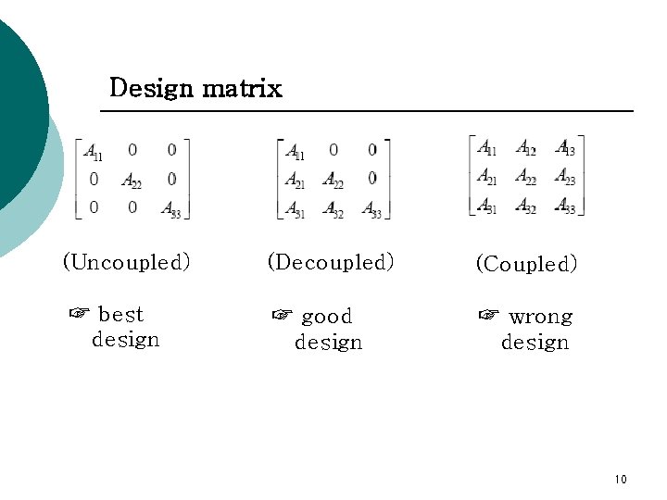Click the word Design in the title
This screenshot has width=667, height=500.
(151, 89)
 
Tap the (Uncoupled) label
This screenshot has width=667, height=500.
(126, 262)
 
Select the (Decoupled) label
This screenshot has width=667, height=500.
(331, 262)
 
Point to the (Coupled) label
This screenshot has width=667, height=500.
(526, 264)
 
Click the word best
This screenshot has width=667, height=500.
(120, 315)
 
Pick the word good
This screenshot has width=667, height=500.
(327, 317)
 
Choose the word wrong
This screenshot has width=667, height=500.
(540, 317)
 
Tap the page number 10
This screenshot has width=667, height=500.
(620, 479)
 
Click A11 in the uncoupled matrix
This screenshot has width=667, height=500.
(93, 151)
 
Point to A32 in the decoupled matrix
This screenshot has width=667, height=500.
(333, 210)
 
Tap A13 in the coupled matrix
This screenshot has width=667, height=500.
(565, 148)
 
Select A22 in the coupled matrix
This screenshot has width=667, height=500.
(525, 177)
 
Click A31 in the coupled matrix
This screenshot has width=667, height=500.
(487, 206)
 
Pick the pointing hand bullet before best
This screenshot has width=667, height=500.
(79, 314)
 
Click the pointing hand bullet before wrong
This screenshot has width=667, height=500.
(488, 316)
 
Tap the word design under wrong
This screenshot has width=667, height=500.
(535, 343)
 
